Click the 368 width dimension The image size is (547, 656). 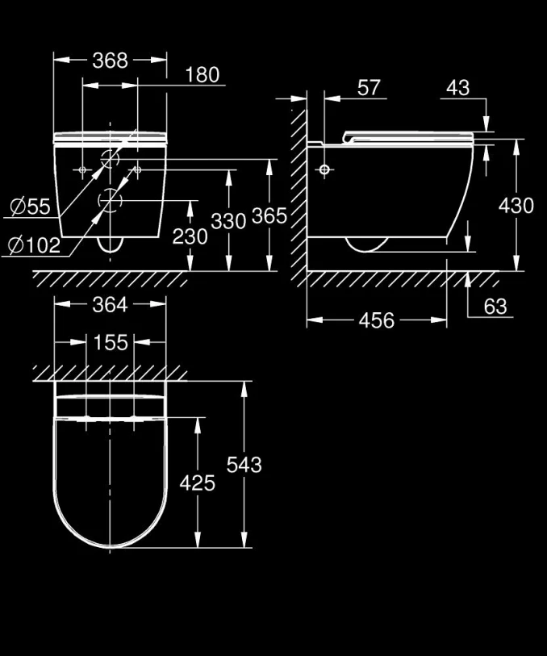click(x=110, y=61)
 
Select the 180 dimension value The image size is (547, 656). click(x=202, y=75)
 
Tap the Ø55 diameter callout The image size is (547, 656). click(x=30, y=207)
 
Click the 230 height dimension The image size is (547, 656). click(x=190, y=236)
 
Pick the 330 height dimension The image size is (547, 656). click(x=228, y=220)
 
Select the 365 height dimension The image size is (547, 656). click(x=269, y=216)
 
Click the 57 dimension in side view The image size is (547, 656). click(x=369, y=88)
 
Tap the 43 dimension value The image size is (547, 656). click(x=457, y=88)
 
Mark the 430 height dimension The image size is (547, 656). click(x=516, y=206)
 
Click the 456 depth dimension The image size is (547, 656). click(x=376, y=320)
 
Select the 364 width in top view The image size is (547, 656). click(x=110, y=304)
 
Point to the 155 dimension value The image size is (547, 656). click(x=110, y=342)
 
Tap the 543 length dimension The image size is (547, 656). click(x=244, y=464)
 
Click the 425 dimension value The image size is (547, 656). click(x=198, y=483)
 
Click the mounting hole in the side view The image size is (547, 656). click(x=324, y=170)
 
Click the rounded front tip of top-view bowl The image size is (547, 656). click(x=111, y=545)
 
